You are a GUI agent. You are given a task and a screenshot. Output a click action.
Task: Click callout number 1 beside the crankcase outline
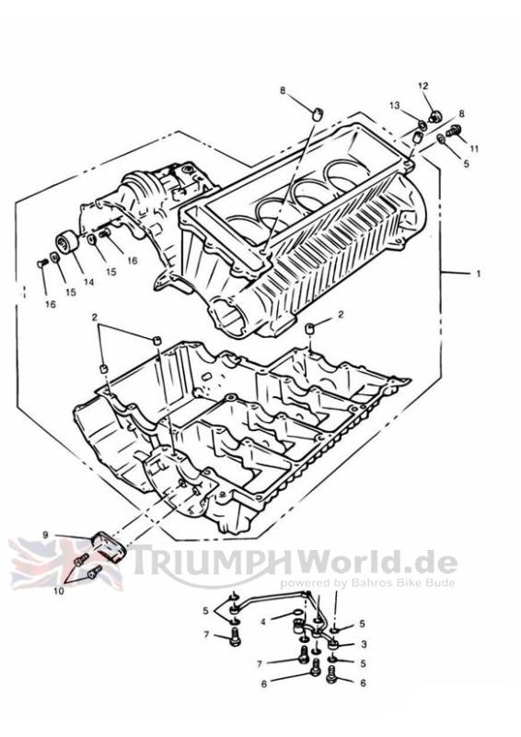479,273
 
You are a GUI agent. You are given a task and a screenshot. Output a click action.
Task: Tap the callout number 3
364,644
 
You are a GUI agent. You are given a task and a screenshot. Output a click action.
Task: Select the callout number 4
263,622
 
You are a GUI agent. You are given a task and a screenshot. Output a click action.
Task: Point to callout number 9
46,535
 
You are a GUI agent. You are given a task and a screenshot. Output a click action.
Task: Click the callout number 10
58,591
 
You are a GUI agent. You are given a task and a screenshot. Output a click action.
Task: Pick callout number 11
474,148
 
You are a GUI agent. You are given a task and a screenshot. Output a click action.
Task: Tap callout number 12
423,86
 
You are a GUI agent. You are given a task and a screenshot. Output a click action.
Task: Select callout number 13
394,105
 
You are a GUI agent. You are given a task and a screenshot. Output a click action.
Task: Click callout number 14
88,282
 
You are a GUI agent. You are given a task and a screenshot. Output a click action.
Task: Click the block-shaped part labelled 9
109,546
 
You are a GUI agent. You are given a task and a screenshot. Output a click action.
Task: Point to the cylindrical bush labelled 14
66,243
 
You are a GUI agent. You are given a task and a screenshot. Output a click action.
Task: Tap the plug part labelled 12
436,116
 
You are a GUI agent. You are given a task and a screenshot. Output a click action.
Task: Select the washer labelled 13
423,125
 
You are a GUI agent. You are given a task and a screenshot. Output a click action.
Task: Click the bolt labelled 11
453,131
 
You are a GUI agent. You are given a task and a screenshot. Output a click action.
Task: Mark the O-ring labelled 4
298,612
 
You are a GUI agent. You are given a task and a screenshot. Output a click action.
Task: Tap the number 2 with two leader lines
95,318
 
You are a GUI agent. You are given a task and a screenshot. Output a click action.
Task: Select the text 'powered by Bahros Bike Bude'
368,583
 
